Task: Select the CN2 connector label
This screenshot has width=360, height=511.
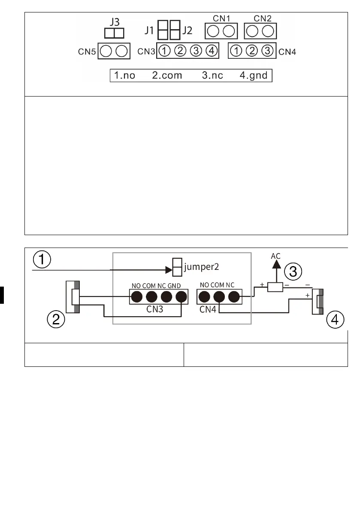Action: point(262,18)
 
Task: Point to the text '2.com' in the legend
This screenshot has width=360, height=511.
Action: point(167,76)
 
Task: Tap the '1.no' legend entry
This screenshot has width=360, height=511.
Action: point(124,76)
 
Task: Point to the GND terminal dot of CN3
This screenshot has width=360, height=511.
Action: point(182,296)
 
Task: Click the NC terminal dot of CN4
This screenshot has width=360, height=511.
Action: point(233,296)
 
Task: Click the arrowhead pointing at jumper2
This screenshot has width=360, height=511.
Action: point(168,270)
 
